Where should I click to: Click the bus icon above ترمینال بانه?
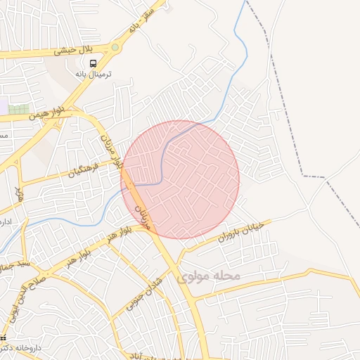tap(93, 64)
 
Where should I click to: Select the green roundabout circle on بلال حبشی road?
tap(115, 47)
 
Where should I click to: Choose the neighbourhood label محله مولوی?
tap(210, 276)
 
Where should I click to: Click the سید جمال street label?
tap(13, 266)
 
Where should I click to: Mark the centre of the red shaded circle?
tap(180, 180)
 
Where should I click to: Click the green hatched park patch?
tap(19, 109)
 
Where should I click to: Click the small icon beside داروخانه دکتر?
tap(3, 339)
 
